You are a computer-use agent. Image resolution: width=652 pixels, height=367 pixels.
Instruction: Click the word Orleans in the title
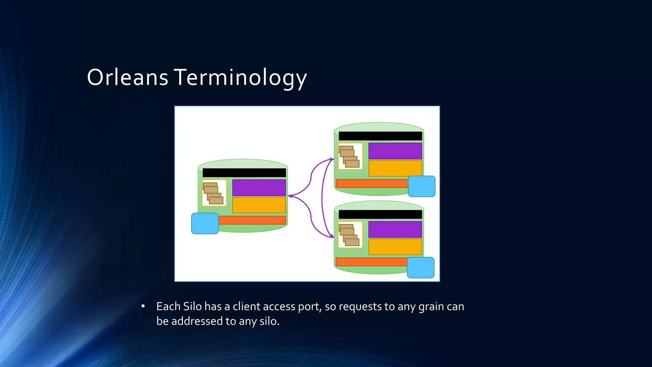pos(127,77)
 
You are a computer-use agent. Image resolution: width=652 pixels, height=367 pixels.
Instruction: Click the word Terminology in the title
pos(240,77)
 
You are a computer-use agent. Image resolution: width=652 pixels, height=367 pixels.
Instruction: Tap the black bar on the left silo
pos(244,173)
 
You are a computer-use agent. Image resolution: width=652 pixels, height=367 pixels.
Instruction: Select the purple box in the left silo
pos(259,188)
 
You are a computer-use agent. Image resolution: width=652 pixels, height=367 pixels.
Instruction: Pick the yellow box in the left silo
pos(259,205)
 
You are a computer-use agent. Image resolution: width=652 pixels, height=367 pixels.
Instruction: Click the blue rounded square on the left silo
pos(205,223)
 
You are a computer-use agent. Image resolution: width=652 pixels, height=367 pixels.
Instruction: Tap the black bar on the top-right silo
pos(380,136)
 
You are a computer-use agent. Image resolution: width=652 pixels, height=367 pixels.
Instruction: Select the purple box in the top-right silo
pos(395,151)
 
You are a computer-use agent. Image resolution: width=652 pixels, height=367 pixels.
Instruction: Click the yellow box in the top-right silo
pos(395,168)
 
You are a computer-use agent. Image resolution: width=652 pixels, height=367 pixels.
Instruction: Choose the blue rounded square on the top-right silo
pos(422,186)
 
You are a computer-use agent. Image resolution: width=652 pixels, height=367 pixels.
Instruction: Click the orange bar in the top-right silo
pos(372,183)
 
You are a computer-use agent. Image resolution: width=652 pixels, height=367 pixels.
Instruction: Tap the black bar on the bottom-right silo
pos(380,214)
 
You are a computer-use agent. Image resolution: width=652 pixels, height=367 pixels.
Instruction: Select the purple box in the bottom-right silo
pos(395,229)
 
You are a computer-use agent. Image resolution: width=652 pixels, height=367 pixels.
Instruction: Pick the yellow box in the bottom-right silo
pos(395,247)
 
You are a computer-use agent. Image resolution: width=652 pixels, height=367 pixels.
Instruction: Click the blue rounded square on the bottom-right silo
pos(421,268)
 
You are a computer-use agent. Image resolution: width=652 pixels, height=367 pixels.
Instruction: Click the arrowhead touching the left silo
pos(290,196)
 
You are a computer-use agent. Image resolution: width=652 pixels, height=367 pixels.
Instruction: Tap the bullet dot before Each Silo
pos(143,306)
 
